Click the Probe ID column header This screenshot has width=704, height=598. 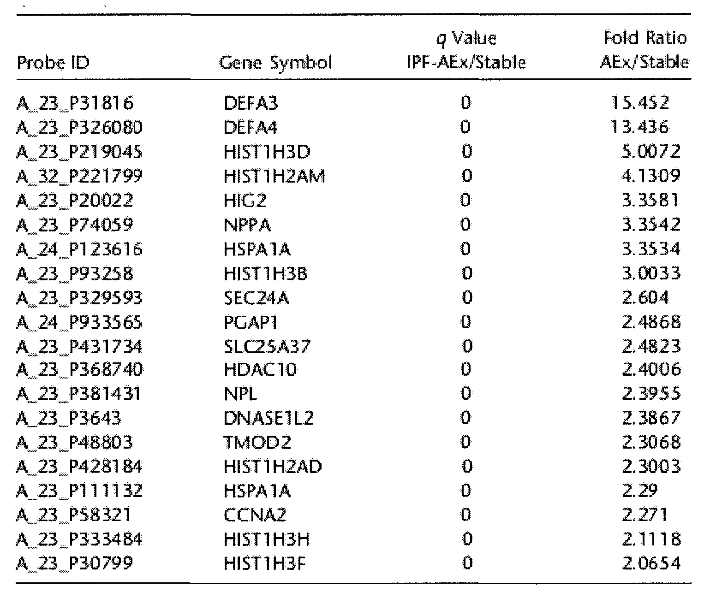(x=53, y=62)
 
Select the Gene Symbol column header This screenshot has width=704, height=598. (x=275, y=62)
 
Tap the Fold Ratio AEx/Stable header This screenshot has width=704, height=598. (x=644, y=50)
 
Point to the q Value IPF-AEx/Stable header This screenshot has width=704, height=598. (x=466, y=50)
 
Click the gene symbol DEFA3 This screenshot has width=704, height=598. (x=251, y=103)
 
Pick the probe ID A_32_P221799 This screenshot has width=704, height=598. (x=79, y=176)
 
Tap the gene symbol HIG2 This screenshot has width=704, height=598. (x=245, y=200)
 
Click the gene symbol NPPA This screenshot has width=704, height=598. (x=247, y=225)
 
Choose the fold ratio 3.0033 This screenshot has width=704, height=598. (x=650, y=273)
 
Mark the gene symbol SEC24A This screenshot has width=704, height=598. (x=256, y=298)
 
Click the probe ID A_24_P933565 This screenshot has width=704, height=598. (x=79, y=322)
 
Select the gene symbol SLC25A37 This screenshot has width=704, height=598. (x=267, y=346)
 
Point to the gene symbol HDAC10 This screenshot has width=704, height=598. (x=260, y=369)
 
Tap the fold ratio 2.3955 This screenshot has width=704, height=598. (x=650, y=394)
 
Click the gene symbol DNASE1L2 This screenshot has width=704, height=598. (x=268, y=418)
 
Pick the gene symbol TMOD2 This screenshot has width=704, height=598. (x=257, y=443)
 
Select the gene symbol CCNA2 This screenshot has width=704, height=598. (x=255, y=515)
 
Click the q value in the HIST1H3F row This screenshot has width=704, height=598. (x=466, y=563)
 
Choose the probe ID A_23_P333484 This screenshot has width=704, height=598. (x=79, y=539)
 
